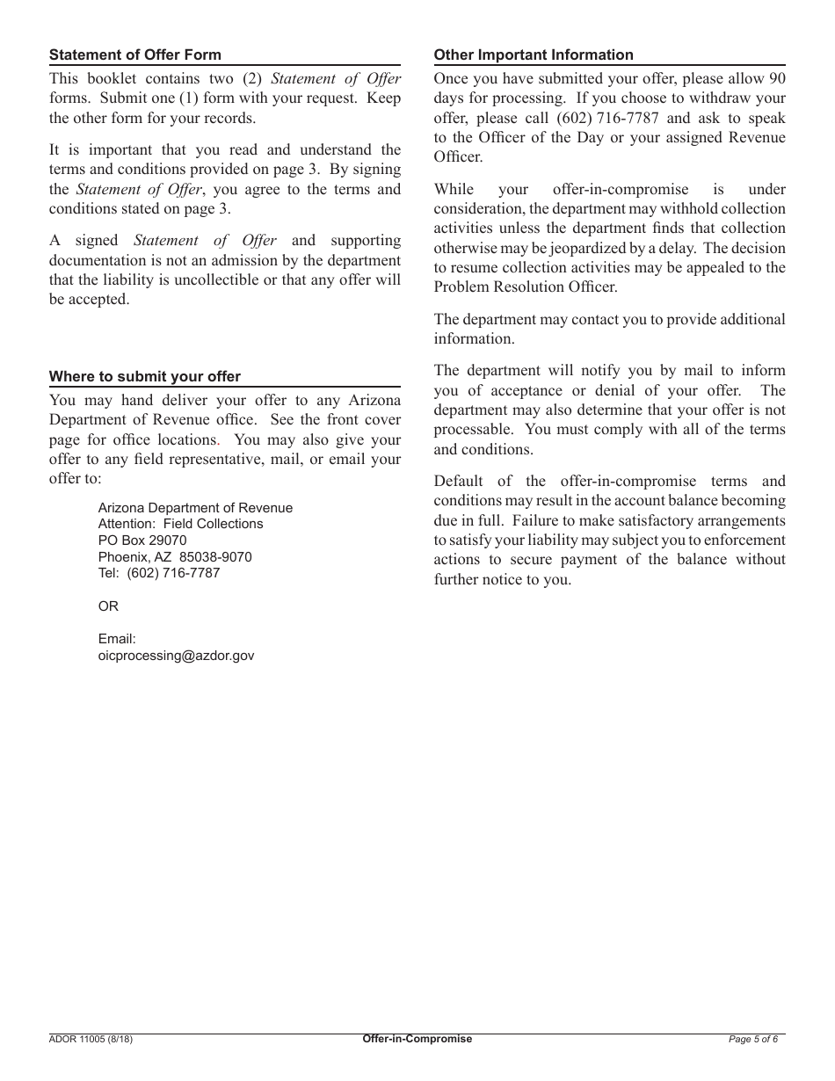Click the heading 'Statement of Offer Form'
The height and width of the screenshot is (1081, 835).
click(135, 55)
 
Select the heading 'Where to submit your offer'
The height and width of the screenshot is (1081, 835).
click(145, 376)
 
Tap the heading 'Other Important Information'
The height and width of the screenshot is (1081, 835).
click(534, 54)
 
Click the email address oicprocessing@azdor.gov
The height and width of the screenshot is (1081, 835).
click(177, 656)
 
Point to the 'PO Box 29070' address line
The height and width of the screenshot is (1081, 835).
click(142, 540)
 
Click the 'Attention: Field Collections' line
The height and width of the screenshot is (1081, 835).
click(181, 524)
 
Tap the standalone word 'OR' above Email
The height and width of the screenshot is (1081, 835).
click(108, 606)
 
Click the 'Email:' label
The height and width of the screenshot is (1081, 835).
click(117, 639)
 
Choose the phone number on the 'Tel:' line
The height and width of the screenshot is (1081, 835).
click(173, 573)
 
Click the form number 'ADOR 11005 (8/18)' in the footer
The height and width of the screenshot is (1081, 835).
click(91, 1039)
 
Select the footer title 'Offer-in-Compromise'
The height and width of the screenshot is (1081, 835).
click(417, 1039)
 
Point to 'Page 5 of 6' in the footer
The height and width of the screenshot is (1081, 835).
click(753, 1039)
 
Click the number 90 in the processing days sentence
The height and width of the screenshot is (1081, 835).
click(776, 78)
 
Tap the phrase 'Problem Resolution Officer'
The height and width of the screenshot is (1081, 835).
click(526, 287)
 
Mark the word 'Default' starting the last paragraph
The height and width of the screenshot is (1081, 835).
click(460, 481)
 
